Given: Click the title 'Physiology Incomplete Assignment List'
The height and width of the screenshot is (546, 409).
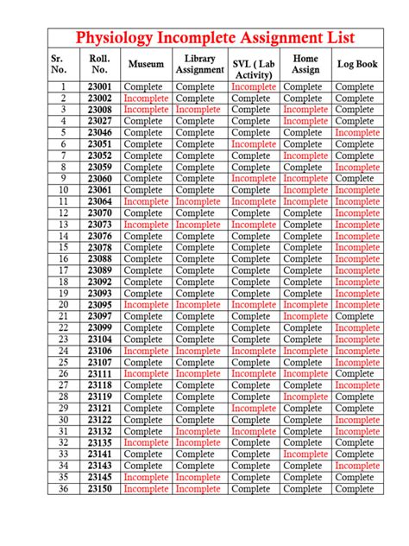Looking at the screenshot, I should [x=228, y=39].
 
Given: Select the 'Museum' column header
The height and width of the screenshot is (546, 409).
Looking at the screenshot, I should [x=146, y=65].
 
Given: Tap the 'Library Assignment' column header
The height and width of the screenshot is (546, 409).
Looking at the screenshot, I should [x=199, y=65].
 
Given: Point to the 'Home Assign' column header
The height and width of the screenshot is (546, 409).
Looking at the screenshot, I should [x=305, y=65].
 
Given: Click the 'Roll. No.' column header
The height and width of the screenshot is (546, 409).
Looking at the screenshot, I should [x=98, y=65].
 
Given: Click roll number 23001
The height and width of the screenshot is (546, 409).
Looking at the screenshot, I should [x=98, y=87].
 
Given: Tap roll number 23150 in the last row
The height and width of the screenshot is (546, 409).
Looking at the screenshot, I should [x=98, y=488].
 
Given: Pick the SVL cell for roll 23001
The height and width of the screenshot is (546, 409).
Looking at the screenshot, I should [x=254, y=87].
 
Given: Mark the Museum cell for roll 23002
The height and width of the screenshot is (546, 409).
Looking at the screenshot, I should [x=146, y=98].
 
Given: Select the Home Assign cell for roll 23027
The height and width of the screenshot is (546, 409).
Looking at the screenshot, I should [x=305, y=122].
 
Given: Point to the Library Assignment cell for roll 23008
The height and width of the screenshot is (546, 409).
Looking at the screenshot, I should [x=199, y=110].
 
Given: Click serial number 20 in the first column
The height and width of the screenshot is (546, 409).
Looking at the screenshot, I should [x=63, y=305].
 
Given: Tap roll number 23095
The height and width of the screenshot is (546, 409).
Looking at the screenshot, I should [x=98, y=305].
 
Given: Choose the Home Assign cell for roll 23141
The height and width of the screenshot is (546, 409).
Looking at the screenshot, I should [x=305, y=454].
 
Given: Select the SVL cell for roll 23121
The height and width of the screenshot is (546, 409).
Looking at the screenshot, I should [x=254, y=408].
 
